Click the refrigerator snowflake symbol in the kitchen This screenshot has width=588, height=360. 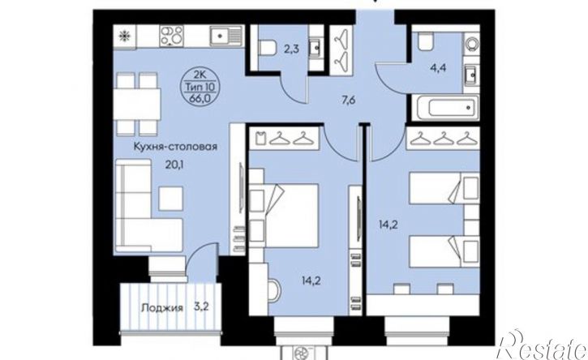123,36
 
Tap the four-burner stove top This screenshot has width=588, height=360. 171,36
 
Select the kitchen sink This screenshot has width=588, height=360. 225,36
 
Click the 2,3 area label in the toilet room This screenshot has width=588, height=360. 291,49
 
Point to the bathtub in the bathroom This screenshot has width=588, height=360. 445,108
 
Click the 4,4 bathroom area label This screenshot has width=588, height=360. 438,69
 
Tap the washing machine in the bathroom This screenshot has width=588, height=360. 471,44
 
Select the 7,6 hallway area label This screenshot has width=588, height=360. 347,101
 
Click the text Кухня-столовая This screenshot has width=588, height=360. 175,147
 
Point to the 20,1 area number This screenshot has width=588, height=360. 174,164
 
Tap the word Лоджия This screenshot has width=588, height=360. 162,308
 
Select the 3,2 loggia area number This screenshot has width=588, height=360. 201,307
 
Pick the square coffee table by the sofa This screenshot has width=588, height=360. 170,199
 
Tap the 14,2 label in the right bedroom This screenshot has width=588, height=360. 388,225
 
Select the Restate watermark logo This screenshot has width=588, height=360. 543,345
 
